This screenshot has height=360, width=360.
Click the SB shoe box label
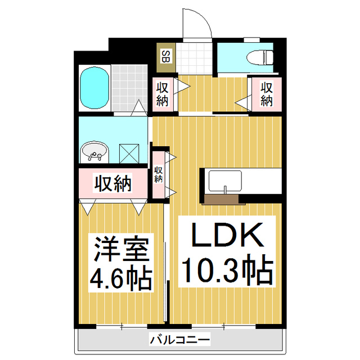166,56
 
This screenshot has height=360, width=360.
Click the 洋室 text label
120,249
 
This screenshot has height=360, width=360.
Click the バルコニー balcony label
179,340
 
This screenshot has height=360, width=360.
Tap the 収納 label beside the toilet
265,94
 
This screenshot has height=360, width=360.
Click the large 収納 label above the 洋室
112,183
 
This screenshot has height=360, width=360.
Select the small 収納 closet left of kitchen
159,174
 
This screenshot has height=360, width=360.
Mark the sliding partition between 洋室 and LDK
165,264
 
